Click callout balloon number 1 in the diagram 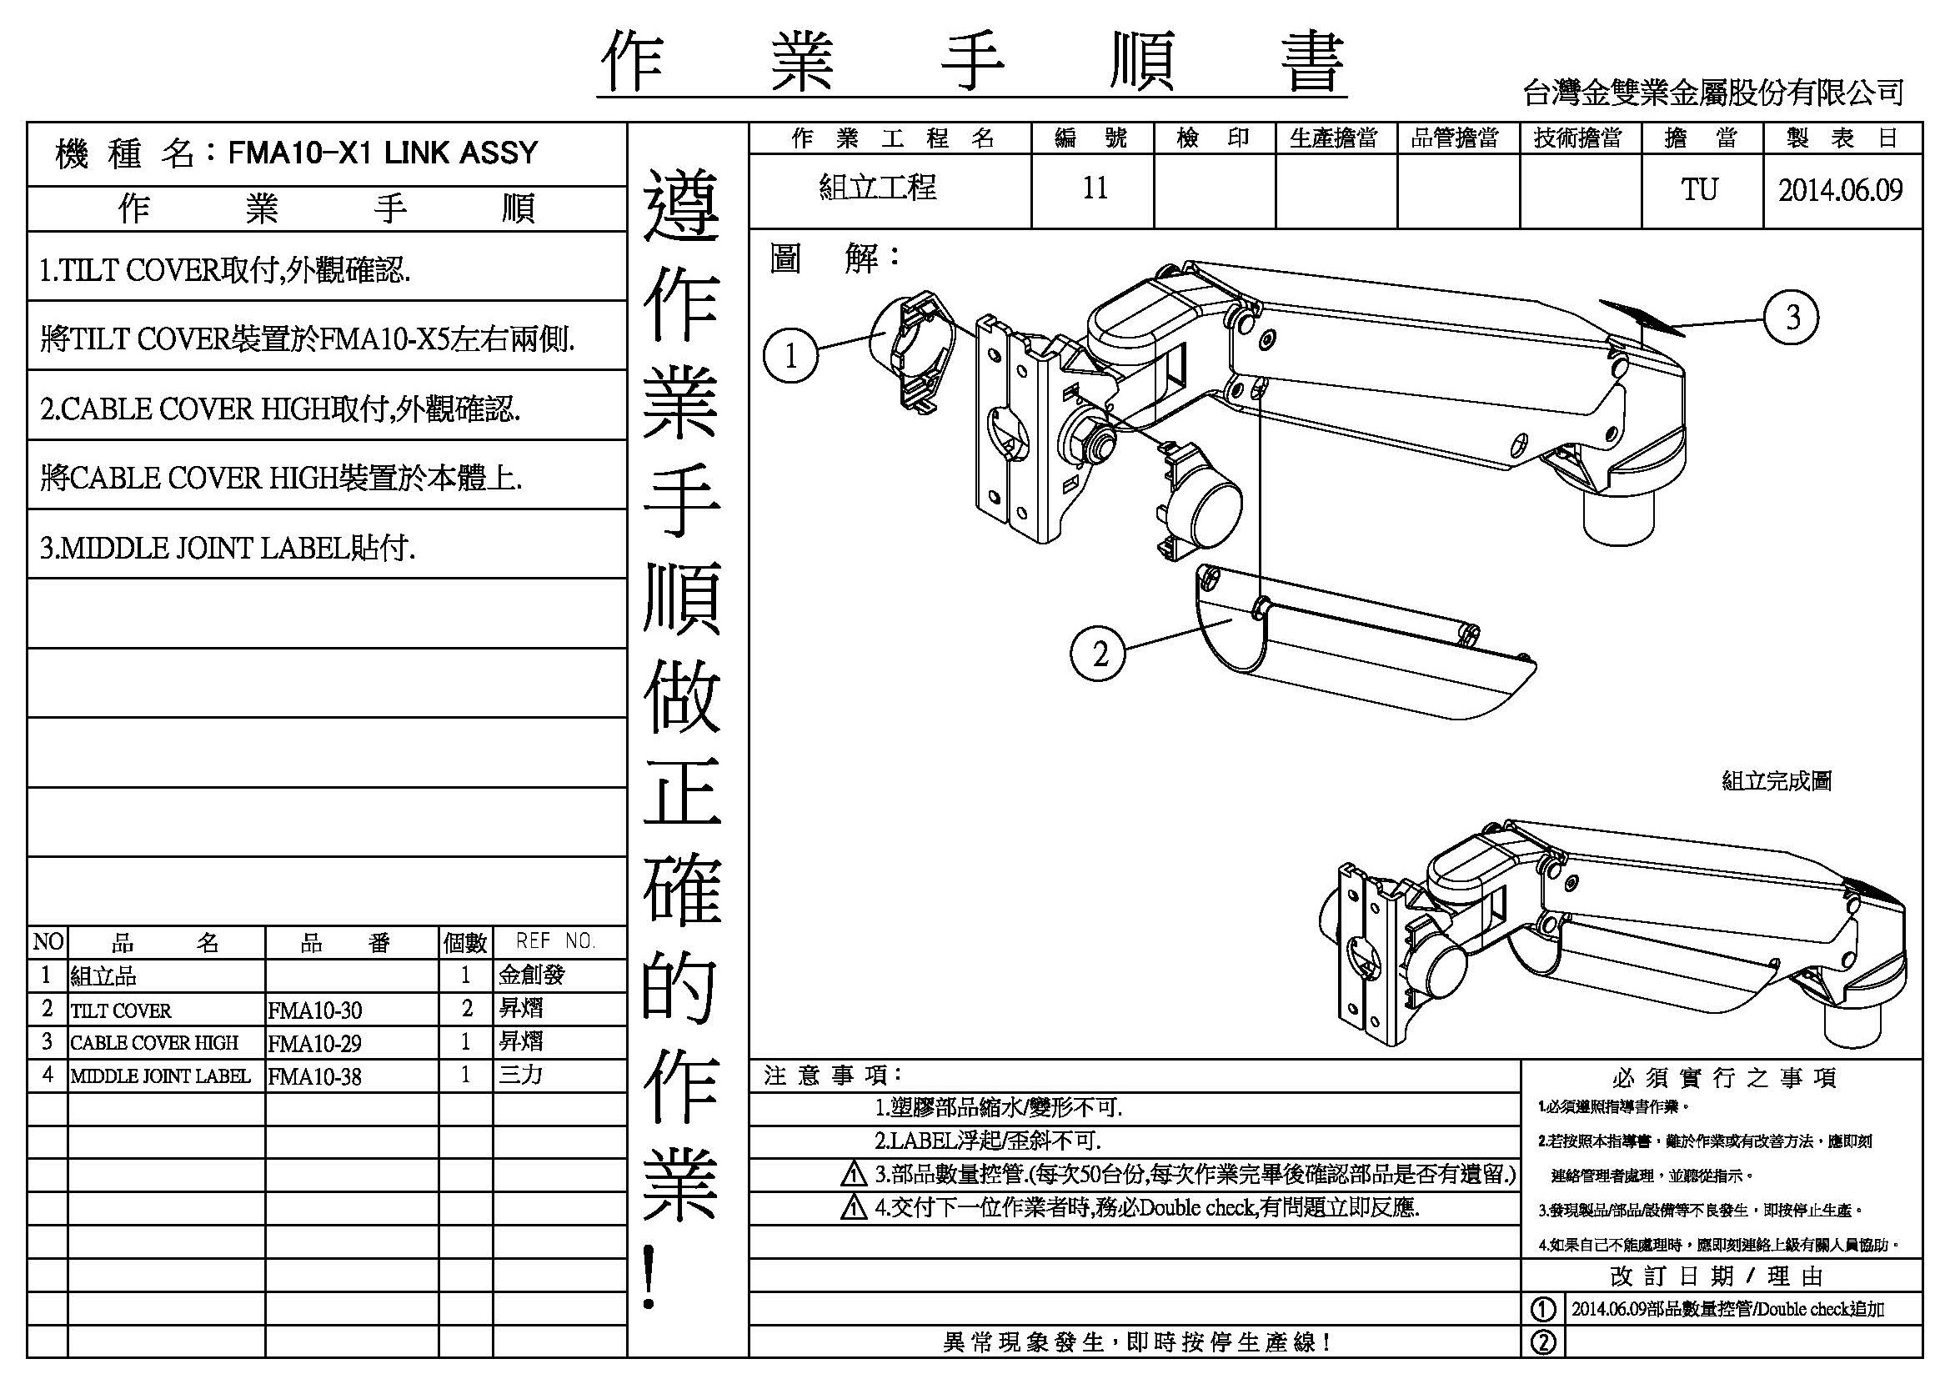[x=790, y=356]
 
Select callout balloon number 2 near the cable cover [x=1100, y=654]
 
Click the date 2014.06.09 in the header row [x=1841, y=190]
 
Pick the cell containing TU [x=1699, y=190]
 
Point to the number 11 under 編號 [x=1094, y=188]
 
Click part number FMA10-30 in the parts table [x=315, y=1010]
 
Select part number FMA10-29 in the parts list [x=315, y=1043]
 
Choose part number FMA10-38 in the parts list [x=315, y=1076]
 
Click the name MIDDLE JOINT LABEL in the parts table [x=161, y=1076]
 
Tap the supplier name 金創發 [x=532, y=975]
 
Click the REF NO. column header [x=555, y=940]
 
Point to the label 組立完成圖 [x=1776, y=780]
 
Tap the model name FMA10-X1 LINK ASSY [x=383, y=153]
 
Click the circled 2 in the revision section [x=1542, y=1341]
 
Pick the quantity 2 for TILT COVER [x=466, y=1008]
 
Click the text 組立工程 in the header [x=877, y=187]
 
